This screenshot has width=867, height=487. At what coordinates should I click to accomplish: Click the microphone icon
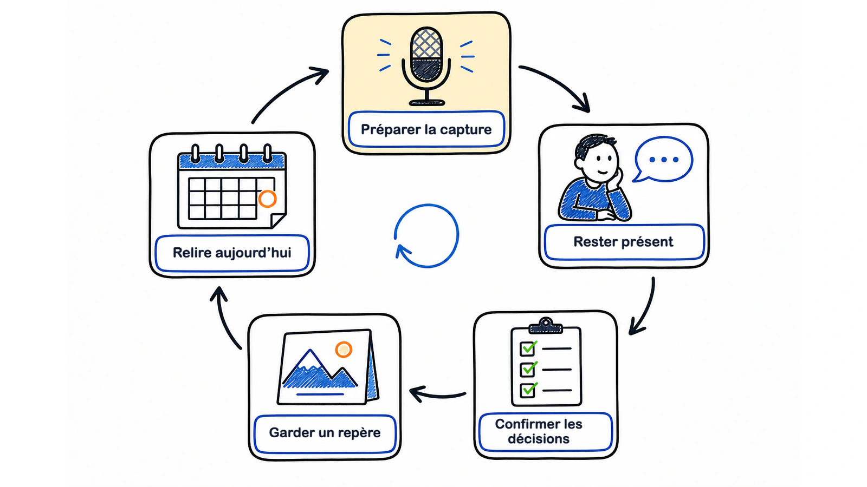426,66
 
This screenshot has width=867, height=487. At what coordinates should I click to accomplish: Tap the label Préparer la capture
426,129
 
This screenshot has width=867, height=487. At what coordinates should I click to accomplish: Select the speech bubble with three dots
663,159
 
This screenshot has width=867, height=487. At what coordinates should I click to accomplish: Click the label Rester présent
623,241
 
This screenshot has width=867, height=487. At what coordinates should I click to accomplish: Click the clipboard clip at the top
546,326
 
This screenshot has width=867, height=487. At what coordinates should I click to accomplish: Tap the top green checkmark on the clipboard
528,348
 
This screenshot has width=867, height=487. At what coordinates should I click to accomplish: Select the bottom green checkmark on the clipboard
528,390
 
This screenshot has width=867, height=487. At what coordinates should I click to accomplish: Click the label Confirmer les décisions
539,431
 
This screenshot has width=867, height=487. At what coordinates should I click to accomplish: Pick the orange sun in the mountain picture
344,350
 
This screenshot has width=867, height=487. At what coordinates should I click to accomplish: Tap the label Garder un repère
325,432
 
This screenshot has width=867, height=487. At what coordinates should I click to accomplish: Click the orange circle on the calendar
268,199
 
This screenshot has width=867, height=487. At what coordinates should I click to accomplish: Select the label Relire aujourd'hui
232,253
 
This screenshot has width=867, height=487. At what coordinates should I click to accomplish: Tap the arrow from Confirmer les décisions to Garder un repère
437,396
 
